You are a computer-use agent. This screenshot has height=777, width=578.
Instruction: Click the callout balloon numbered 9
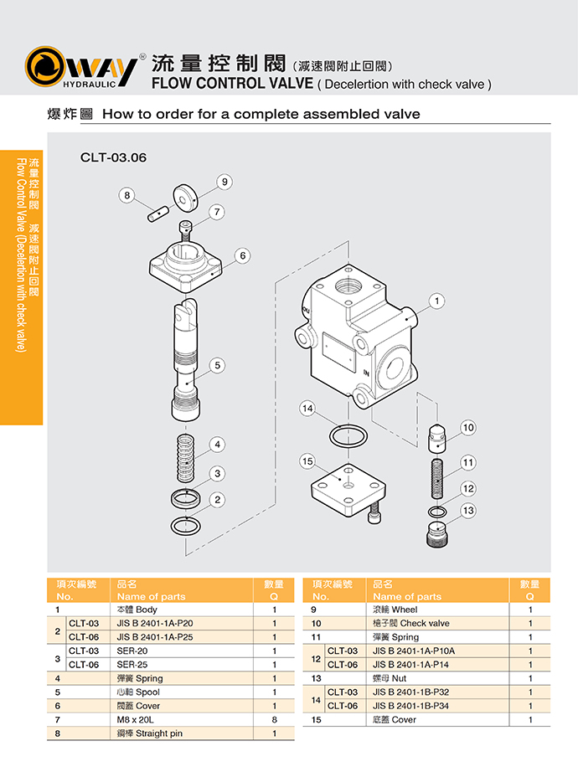pos(224,181)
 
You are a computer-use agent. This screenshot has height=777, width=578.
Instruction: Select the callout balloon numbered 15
pos(307,461)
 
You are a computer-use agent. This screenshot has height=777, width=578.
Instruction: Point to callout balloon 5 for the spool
pos(217,365)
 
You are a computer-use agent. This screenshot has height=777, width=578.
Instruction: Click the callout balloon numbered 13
pos(468,510)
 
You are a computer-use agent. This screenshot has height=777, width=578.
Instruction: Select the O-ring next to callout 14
pos(345,435)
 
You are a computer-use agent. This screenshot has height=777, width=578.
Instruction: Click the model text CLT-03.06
pos(113,157)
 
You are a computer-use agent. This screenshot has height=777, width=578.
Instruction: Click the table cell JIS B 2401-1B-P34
pos(411,706)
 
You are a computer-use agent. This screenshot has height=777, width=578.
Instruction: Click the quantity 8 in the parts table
pos(274,719)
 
